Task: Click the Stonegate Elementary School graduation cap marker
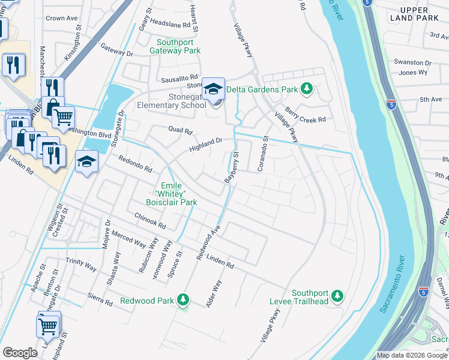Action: point(212,89)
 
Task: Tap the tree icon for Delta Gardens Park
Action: point(307,89)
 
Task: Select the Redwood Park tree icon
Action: point(183,300)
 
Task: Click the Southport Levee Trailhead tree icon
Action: point(337,295)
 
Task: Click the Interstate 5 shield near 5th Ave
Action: point(391,103)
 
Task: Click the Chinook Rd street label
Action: point(150,222)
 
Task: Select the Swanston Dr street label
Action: point(412,62)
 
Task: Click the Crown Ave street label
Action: point(63,19)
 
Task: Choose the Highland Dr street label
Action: point(206,144)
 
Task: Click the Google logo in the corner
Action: point(20,353)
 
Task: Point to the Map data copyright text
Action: point(412,355)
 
